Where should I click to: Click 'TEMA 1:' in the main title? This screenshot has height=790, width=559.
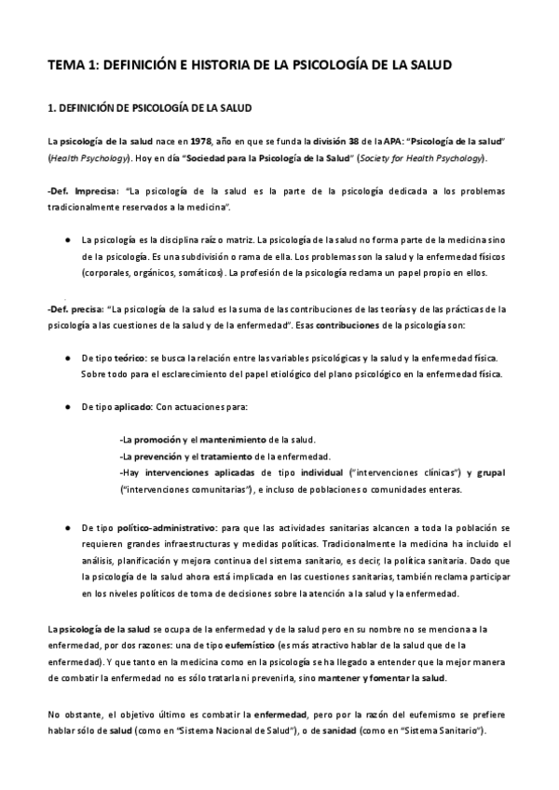(x=72, y=66)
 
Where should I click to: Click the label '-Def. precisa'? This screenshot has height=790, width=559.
(x=72, y=308)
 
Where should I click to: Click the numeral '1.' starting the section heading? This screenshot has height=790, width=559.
(x=52, y=108)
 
